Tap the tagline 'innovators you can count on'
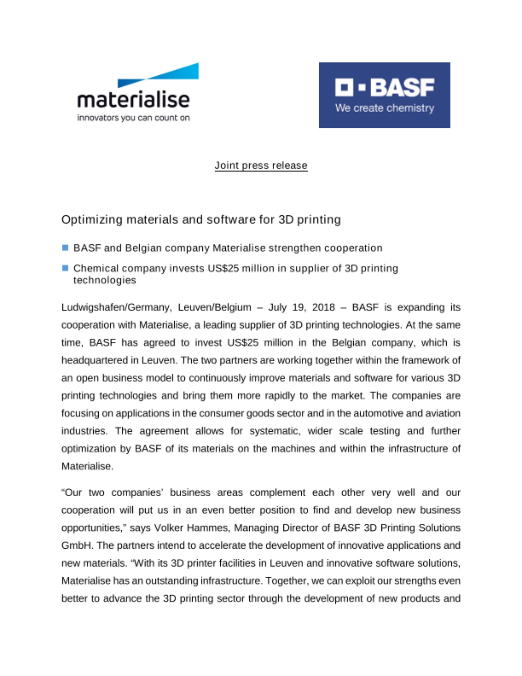133,118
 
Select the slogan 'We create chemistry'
384,108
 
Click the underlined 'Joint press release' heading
261,165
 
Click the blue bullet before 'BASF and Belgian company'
66,248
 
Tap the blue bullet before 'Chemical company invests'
66,268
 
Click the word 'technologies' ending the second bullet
105,280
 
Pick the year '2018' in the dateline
323,307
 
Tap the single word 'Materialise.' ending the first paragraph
87,466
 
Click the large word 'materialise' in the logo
133,100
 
